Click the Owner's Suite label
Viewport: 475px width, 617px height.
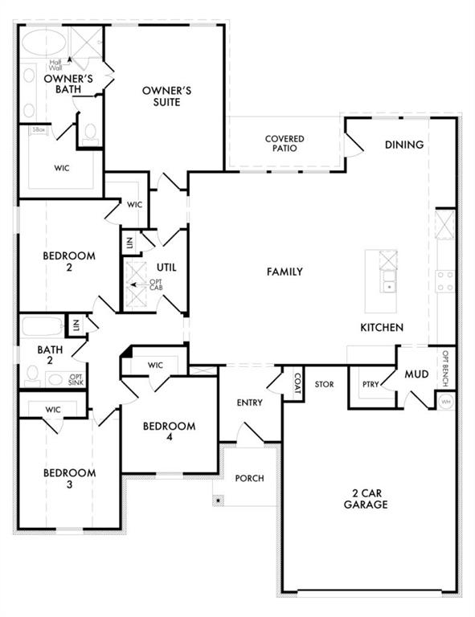pos(166,96)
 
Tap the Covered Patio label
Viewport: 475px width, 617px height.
pos(285,144)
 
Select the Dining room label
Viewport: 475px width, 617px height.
pos(403,145)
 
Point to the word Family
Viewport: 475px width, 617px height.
pos(285,272)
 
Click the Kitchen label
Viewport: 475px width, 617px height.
pos(381,328)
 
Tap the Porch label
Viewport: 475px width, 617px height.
pos(249,478)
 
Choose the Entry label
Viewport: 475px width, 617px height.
pos(249,402)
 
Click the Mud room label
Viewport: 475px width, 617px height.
pos(416,374)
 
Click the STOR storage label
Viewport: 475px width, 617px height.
pos(324,384)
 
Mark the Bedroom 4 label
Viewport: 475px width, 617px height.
pos(169,431)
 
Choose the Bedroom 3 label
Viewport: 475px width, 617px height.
pos(69,478)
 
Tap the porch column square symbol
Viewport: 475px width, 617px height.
pos(216,499)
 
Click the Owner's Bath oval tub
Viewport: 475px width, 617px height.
pos(40,43)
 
